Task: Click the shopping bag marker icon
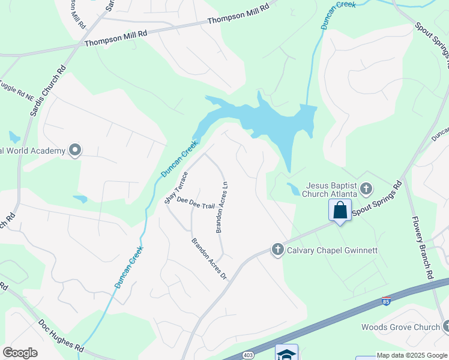(340, 211)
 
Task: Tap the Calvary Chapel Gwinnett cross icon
(277, 249)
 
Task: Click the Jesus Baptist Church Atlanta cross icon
(366, 190)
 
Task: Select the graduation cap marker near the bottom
(286, 353)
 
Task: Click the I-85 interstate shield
(386, 301)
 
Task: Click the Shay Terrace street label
(176, 187)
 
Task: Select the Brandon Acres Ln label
(221, 207)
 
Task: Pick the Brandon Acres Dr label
(209, 259)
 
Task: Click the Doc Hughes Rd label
(61, 335)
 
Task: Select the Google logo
(20, 353)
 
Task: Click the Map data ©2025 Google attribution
(412, 355)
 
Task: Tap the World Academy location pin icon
(74, 150)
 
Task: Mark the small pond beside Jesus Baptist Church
(293, 189)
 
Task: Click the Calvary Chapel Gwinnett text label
(332, 250)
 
